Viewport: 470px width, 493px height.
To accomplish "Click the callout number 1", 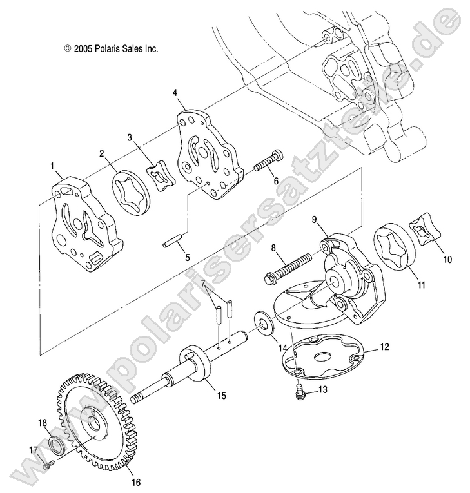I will [x=52, y=166].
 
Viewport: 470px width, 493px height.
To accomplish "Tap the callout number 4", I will [x=175, y=92].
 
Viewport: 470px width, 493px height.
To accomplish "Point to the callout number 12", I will [x=384, y=346].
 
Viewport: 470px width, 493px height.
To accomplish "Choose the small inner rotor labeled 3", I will [x=162, y=177].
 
